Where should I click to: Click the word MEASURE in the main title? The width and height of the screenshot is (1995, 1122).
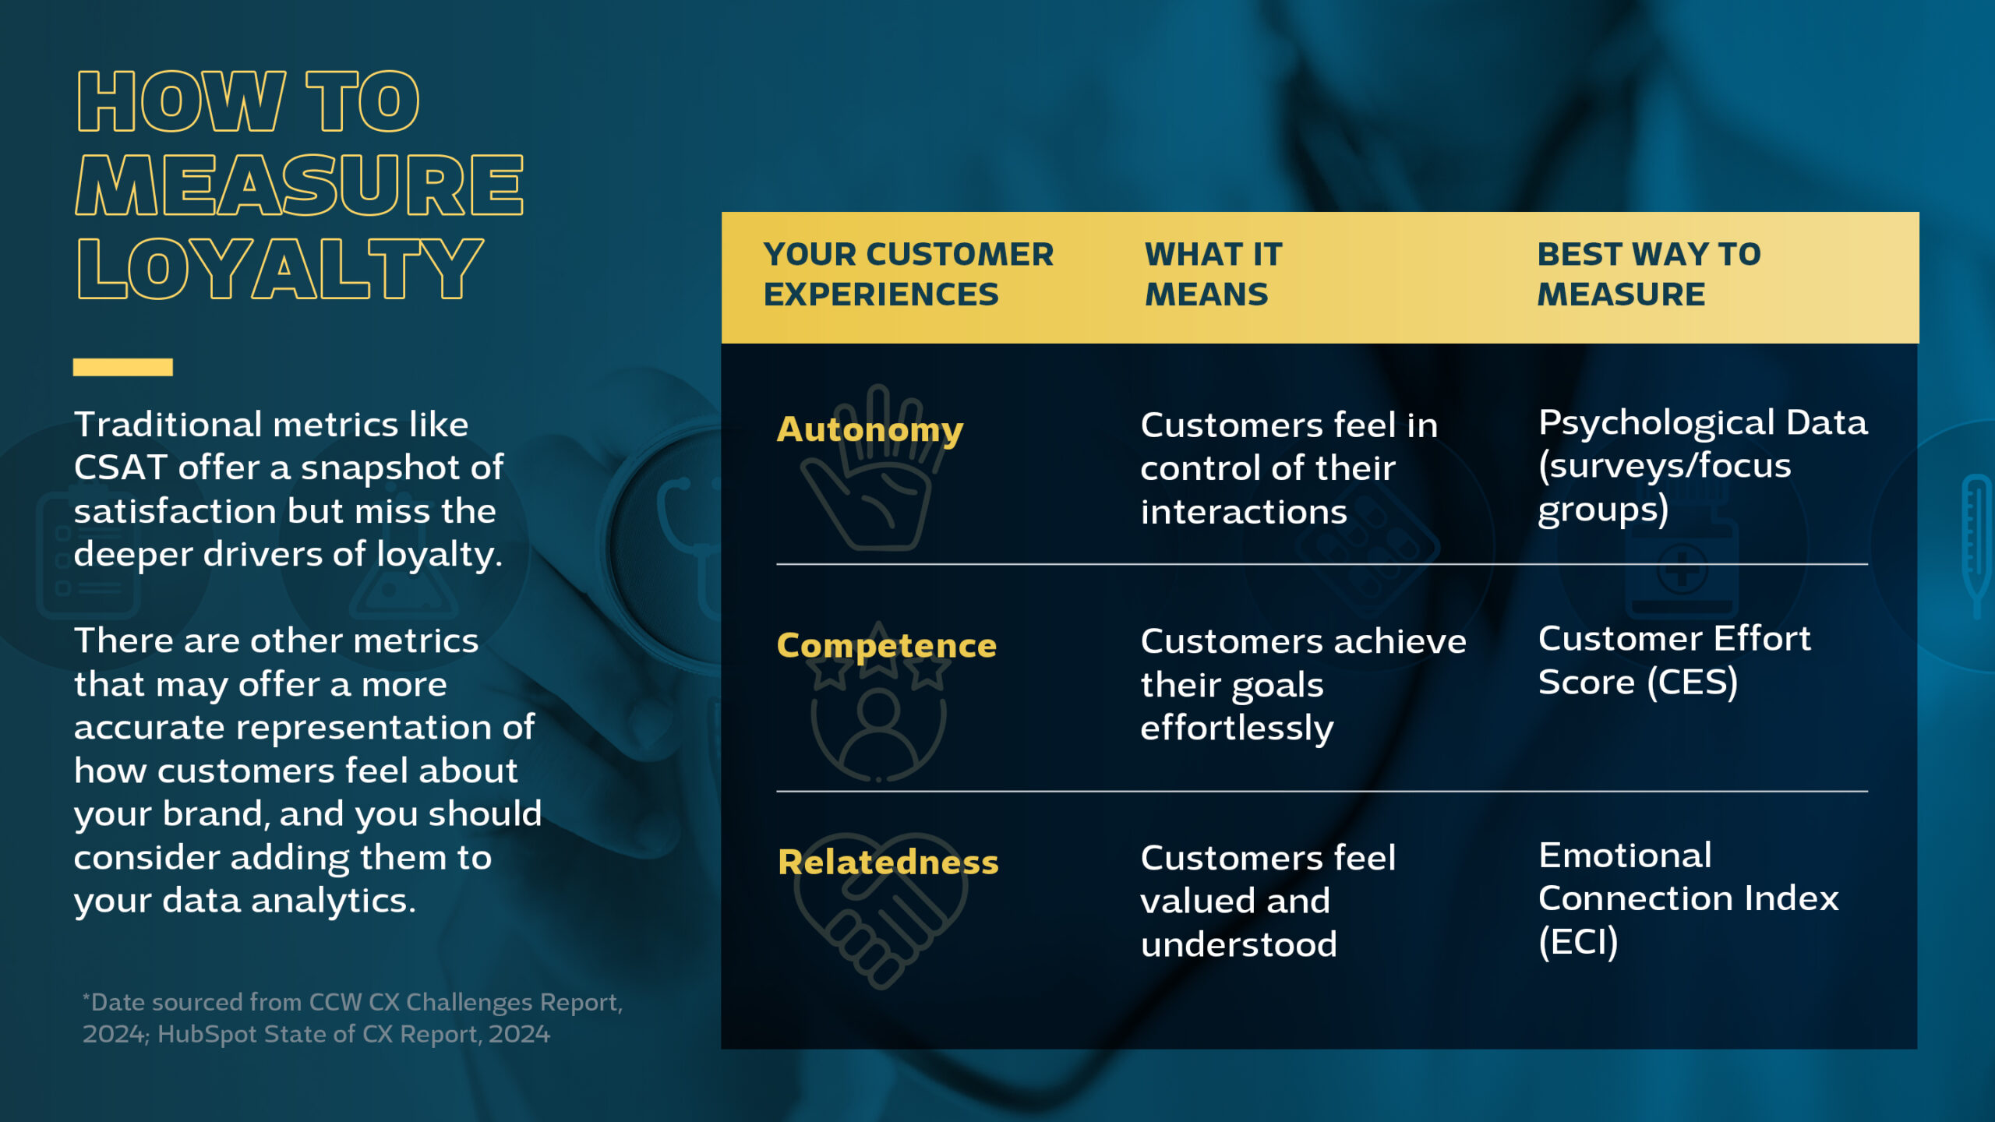coord(299,185)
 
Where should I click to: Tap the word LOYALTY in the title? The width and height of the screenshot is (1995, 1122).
coord(280,268)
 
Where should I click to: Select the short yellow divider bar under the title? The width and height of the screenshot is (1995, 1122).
coord(123,367)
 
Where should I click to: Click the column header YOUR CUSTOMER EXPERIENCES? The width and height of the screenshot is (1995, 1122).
coord(908,274)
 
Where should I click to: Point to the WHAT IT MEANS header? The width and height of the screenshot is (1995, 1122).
coord(1213,274)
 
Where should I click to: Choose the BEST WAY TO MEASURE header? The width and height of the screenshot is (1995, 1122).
coord(1648,274)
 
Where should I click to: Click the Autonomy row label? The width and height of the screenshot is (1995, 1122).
coord(870,429)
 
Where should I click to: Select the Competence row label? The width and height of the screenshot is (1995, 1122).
coord(887,646)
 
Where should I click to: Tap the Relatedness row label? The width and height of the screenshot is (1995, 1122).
coord(888,862)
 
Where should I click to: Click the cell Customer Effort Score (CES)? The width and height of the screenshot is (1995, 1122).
coord(1674,660)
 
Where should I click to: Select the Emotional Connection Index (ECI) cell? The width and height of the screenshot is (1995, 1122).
coord(1688,898)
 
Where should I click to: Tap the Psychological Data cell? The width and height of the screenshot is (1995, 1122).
coord(1703,466)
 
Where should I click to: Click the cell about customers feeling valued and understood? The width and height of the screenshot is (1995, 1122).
coord(1268,901)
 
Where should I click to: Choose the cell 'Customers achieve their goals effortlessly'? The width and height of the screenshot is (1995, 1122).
coord(1303,685)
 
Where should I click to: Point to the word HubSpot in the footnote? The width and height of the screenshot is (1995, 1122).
coord(203,1034)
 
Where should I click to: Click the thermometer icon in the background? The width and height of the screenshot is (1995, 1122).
coord(1976,545)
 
